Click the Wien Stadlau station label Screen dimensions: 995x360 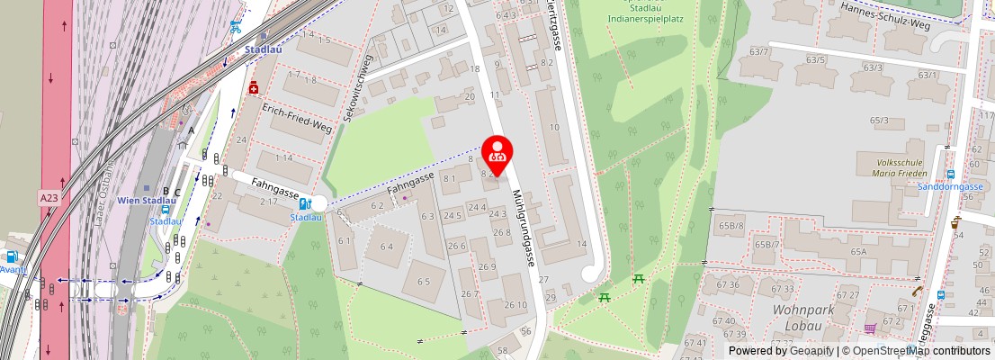[x=147, y=201]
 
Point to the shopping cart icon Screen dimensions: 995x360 [x=870, y=328]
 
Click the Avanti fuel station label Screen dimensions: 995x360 [x=12, y=268]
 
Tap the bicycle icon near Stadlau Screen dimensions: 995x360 [x=235, y=27]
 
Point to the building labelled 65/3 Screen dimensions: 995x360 [x=878, y=121]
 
